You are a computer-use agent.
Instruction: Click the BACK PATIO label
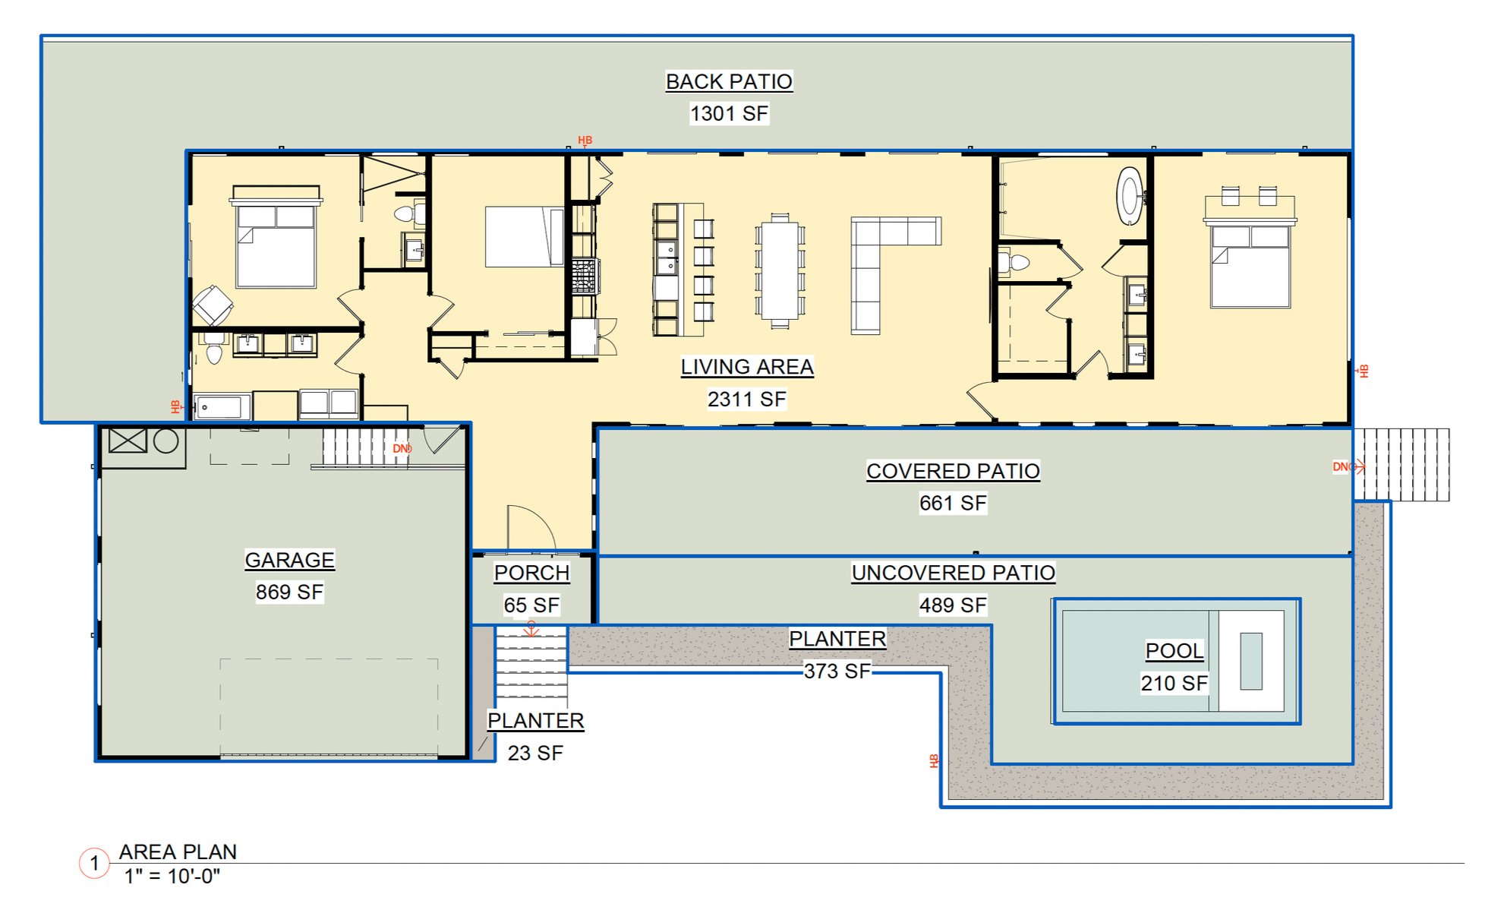tap(729, 81)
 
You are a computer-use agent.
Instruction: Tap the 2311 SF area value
tap(746, 399)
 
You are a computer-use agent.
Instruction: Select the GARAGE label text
tap(289, 560)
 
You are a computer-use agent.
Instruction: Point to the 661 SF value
tap(953, 503)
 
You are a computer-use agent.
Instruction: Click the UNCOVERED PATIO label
tap(953, 573)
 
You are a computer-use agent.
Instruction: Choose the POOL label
tap(1174, 650)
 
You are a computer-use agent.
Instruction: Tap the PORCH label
tap(531, 573)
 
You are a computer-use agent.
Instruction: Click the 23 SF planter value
tap(535, 753)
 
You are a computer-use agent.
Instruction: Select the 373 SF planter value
tap(837, 671)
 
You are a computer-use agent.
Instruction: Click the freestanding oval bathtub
tap(1130, 196)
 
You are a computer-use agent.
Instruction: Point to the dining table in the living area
tap(780, 270)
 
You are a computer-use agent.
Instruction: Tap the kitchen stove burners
tap(585, 276)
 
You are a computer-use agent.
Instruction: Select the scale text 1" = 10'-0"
tap(172, 876)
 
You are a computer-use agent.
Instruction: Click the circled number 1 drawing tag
tap(94, 863)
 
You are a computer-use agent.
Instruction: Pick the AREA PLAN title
tap(178, 852)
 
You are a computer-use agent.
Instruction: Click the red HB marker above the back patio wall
tap(585, 141)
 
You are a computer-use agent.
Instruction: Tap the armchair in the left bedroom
tap(213, 305)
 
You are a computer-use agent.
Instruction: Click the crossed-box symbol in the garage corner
tap(128, 441)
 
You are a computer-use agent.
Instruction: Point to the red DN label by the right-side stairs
tap(1342, 466)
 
